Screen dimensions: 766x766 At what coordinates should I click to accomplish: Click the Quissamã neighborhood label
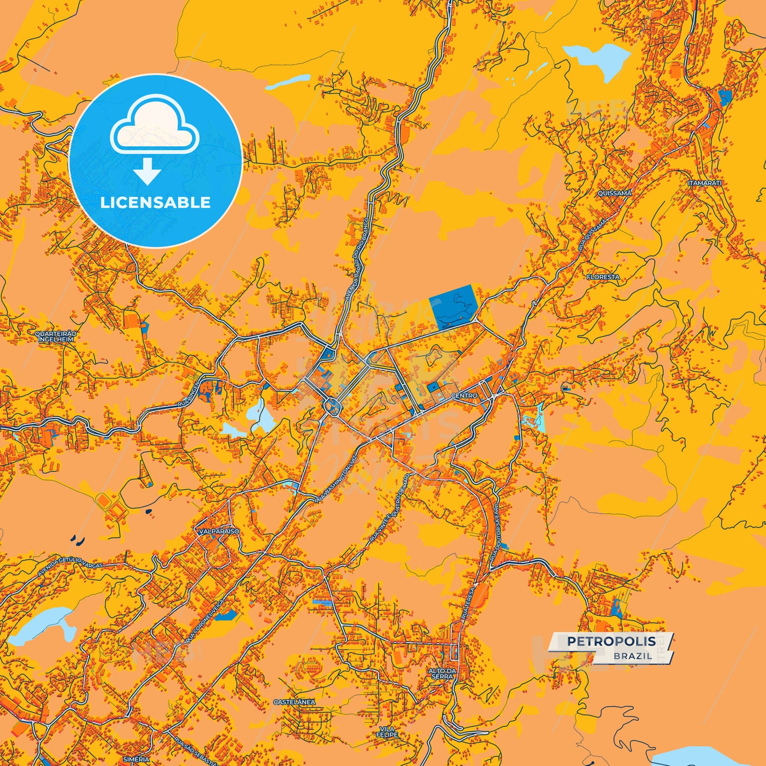point(614,193)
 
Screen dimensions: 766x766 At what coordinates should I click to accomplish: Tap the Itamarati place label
point(705,183)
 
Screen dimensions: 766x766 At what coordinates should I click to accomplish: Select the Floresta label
point(603,277)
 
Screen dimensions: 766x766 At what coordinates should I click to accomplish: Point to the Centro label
point(464,395)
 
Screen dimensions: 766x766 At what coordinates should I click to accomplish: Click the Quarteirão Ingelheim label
point(56,336)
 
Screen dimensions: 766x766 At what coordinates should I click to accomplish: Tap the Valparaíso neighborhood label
point(219,531)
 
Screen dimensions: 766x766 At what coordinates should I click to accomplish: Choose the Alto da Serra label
point(442,673)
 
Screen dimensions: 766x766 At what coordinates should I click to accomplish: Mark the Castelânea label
point(294,702)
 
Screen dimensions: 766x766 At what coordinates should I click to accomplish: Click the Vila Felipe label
point(387,732)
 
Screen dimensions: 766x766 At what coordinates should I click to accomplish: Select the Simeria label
point(136,759)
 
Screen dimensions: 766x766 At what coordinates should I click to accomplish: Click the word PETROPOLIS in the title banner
point(611,641)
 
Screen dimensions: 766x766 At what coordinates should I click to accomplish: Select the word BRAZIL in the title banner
point(633,656)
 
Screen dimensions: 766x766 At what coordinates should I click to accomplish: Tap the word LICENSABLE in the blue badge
point(155,202)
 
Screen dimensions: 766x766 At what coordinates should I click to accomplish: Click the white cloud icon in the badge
point(154,125)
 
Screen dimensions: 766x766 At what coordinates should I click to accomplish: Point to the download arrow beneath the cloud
point(147,171)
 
